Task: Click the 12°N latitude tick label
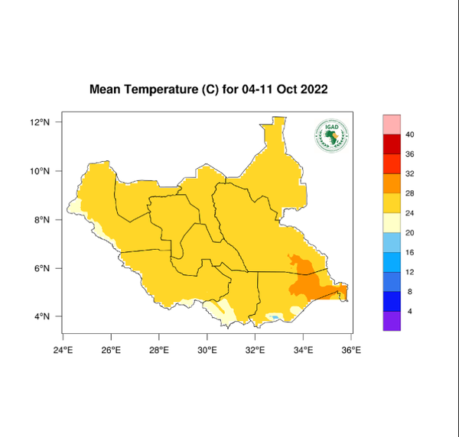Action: point(40,122)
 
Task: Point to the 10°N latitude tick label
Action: point(40,171)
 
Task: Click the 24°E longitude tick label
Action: point(63,350)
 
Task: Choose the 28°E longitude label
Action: point(159,350)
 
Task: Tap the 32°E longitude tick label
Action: point(255,350)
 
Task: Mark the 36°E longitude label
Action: point(351,350)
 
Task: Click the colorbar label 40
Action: point(410,135)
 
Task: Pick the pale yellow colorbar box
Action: point(392,222)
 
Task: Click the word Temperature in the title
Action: point(161,89)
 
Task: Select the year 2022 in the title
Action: point(313,89)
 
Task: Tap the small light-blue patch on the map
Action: point(273,316)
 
